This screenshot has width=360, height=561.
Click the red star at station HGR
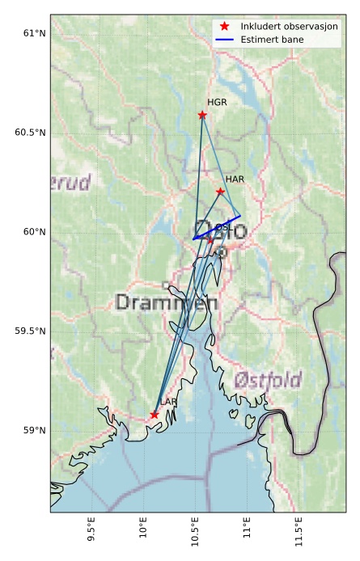(x=202, y=115)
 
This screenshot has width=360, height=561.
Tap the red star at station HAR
(x=220, y=192)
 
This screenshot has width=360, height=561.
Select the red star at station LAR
(x=155, y=415)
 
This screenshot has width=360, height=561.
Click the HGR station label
(x=217, y=103)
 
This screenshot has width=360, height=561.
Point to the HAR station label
(x=235, y=179)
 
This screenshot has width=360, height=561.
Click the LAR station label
(x=168, y=402)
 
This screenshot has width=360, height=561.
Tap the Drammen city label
(x=167, y=303)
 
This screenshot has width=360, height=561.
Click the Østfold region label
(x=268, y=380)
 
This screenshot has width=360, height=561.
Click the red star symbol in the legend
(x=225, y=27)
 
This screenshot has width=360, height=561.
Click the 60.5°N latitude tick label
(x=30, y=133)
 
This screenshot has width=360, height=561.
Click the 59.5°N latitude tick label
(x=30, y=331)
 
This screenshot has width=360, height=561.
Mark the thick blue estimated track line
(x=217, y=228)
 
